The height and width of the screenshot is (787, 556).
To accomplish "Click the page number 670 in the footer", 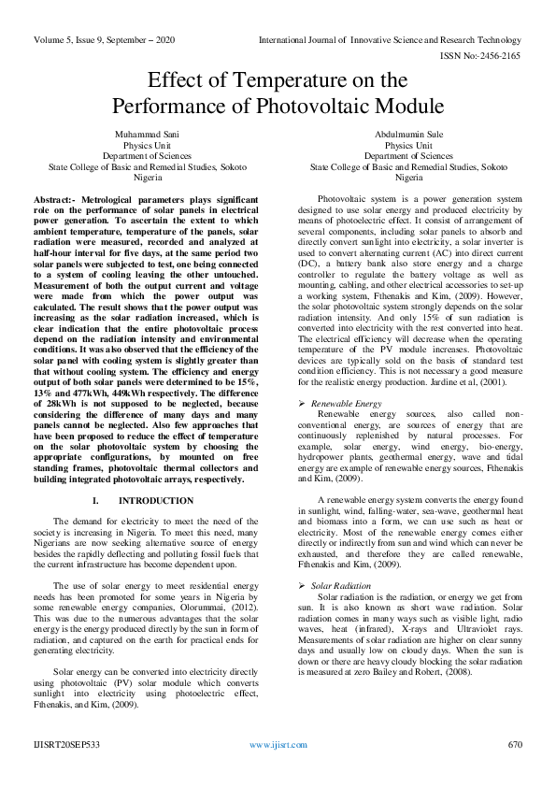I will click(x=514, y=745).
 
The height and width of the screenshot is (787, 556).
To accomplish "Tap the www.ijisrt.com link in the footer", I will click(x=278, y=745).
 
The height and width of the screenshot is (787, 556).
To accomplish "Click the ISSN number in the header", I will click(x=490, y=56).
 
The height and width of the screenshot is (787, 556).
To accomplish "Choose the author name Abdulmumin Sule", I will click(x=408, y=135).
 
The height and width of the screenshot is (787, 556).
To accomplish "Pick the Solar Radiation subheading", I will click(x=341, y=585).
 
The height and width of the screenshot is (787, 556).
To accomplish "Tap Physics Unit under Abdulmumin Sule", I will click(x=408, y=145).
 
